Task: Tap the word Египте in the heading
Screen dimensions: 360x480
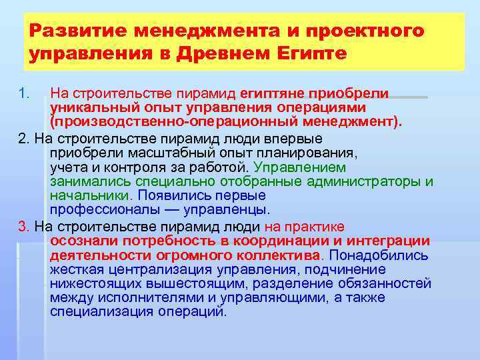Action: tap(311, 53)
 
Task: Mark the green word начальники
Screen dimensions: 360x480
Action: tap(89, 196)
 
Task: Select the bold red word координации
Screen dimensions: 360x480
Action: tap(281, 241)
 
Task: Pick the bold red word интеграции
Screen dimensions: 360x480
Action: tap(390, 241)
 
